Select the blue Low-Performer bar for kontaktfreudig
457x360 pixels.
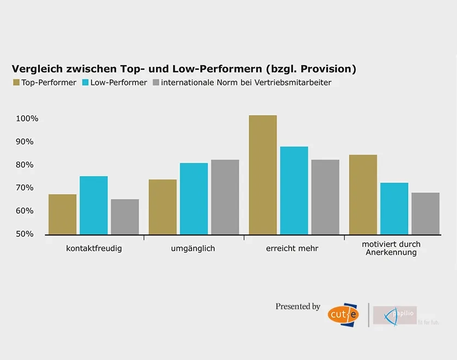point(94,205)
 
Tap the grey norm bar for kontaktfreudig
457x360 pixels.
point(125,217)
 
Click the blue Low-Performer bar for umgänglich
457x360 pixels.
point(194,199)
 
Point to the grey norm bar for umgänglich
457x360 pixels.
point(225,197)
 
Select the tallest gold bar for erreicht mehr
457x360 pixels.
point(263,175)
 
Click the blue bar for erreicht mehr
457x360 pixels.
point(294,190)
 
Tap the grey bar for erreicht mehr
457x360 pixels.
point(325,197)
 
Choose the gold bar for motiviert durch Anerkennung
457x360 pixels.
point(363,194)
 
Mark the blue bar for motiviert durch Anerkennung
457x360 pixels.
point(394,209)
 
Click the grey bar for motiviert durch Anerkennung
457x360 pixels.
point(425,213)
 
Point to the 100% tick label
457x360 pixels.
point(27,119)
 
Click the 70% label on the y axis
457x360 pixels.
point(24,188)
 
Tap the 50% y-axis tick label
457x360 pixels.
point(24,234)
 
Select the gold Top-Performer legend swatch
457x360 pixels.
point(16,83)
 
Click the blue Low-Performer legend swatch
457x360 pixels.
point(85,83)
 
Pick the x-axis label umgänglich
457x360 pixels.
point(193,248)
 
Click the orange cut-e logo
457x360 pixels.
point(342,315)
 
